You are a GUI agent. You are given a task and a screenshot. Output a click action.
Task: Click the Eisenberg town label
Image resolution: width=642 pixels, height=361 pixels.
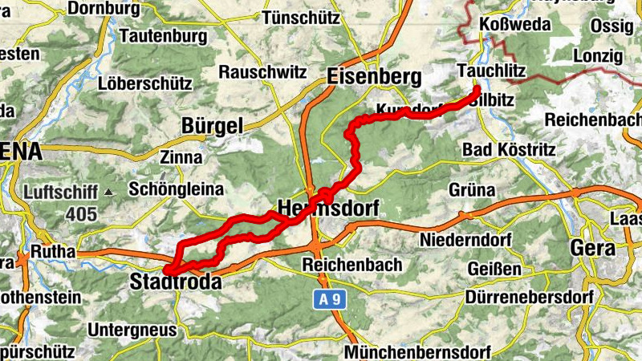click(x=374, y=77)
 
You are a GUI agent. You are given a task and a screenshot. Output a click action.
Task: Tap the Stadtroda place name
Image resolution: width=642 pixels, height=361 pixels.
click(x=175, y=282)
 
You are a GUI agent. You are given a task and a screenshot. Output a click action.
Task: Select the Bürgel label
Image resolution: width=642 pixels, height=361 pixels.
click(x=212, y=126)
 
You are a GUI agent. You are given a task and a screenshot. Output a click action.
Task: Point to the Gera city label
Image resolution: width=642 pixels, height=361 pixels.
click(x=592, y=248)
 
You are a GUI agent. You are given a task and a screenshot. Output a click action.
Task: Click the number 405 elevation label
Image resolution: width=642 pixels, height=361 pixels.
click(x=82, y=214)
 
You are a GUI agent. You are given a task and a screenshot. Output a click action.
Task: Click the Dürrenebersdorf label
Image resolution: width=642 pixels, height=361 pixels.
click(x=529, y=297)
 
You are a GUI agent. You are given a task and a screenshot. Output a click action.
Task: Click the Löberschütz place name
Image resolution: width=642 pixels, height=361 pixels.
click(x=144, y=83)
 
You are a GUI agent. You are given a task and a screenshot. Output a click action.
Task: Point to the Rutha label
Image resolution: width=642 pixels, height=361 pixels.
click(x=52, y=252)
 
